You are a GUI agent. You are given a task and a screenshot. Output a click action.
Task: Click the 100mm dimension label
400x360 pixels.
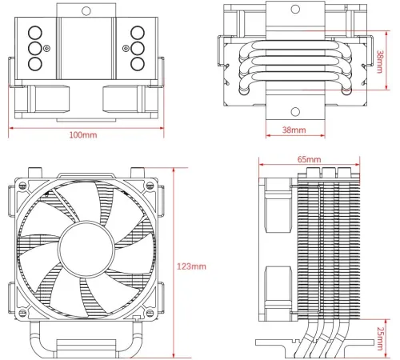coord(83,135)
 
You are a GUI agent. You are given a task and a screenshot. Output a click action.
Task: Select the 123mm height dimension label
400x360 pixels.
coord(192,265)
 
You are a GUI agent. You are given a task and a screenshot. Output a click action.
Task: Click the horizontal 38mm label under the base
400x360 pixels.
coord(293,129)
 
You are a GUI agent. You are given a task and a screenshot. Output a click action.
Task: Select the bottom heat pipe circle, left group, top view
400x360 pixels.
coord(34,62)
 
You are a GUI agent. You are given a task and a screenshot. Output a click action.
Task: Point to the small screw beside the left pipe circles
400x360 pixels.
coord(46,48)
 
